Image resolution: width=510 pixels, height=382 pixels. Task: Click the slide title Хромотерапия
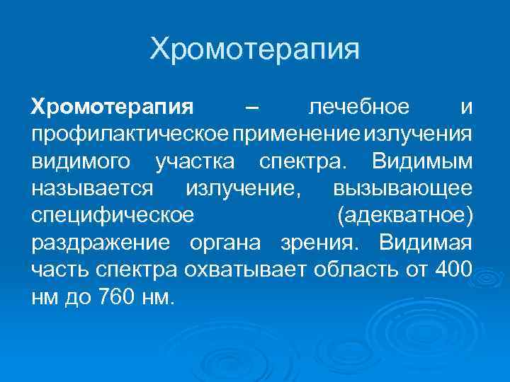tap(255, 50)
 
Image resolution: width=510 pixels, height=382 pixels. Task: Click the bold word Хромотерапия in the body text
tap(112, 108)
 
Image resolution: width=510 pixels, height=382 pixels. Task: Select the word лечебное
tap(359, 108)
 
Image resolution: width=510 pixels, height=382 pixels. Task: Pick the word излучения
tap(422, 135)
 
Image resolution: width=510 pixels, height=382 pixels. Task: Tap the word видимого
tap(81, 162)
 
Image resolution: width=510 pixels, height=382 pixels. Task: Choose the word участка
tap(192, 162)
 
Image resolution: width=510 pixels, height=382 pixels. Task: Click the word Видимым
tap(421, 162)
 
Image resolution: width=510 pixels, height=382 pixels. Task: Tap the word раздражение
tap(100, 243)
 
